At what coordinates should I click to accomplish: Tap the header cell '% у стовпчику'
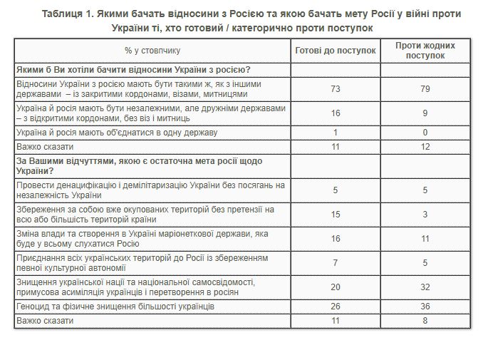tap(152, 51)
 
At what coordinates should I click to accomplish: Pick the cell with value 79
tap(425, 88)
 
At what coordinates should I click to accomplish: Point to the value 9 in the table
tap(425, 113)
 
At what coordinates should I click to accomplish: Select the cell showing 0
tap(425, 133)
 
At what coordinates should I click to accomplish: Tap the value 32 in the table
tap(425, 287)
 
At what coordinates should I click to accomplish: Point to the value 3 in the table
tap(425, 214)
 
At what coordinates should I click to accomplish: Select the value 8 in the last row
tap(425, 321)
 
